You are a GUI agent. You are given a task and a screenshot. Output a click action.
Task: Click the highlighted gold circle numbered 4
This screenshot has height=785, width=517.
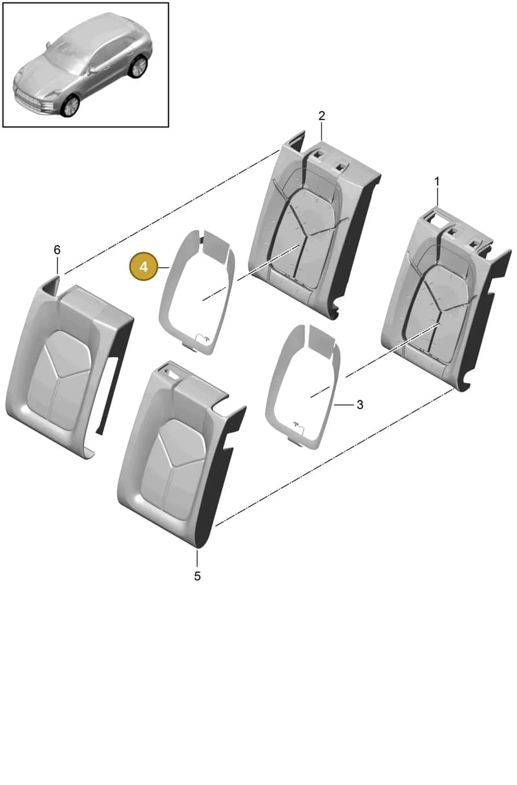pos(143,267)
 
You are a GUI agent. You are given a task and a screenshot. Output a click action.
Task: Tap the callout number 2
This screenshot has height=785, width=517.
pos(322,116)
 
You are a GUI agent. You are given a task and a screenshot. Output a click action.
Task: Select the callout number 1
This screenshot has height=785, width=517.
pos(437,182)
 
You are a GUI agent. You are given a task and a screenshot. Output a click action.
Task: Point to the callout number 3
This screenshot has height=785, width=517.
pos(360,405)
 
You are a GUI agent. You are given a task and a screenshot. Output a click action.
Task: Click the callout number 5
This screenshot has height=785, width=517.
pos(197,576)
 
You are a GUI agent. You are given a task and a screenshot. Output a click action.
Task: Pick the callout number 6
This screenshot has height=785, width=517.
pos(57,250)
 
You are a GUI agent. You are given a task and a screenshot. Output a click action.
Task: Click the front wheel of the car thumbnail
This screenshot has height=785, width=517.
pos(70,106)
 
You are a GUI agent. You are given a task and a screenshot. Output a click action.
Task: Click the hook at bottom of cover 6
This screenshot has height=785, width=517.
pos(89,454)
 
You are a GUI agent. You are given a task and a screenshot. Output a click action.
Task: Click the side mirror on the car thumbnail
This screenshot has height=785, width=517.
pos(94,70)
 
